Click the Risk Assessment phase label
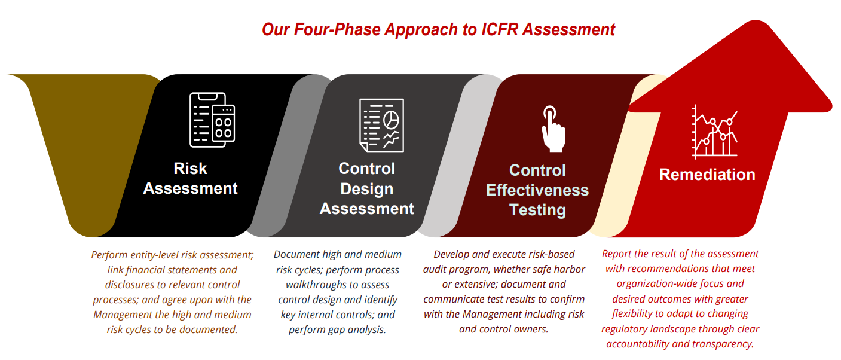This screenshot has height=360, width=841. coord(190,178)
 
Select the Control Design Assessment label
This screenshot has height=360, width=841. coord(366,188)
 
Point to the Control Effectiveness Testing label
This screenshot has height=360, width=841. coord(537,190)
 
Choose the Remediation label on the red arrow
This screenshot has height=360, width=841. coord(707,175)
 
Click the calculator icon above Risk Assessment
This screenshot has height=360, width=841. coord(212,120)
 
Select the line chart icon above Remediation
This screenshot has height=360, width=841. coord(715,132)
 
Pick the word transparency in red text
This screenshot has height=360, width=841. coord(724,344)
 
